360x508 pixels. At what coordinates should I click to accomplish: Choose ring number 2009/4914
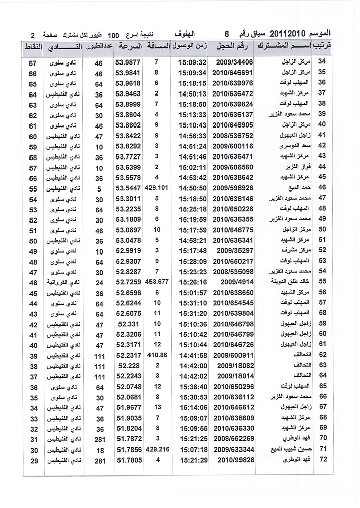click(x=234, y=281)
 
